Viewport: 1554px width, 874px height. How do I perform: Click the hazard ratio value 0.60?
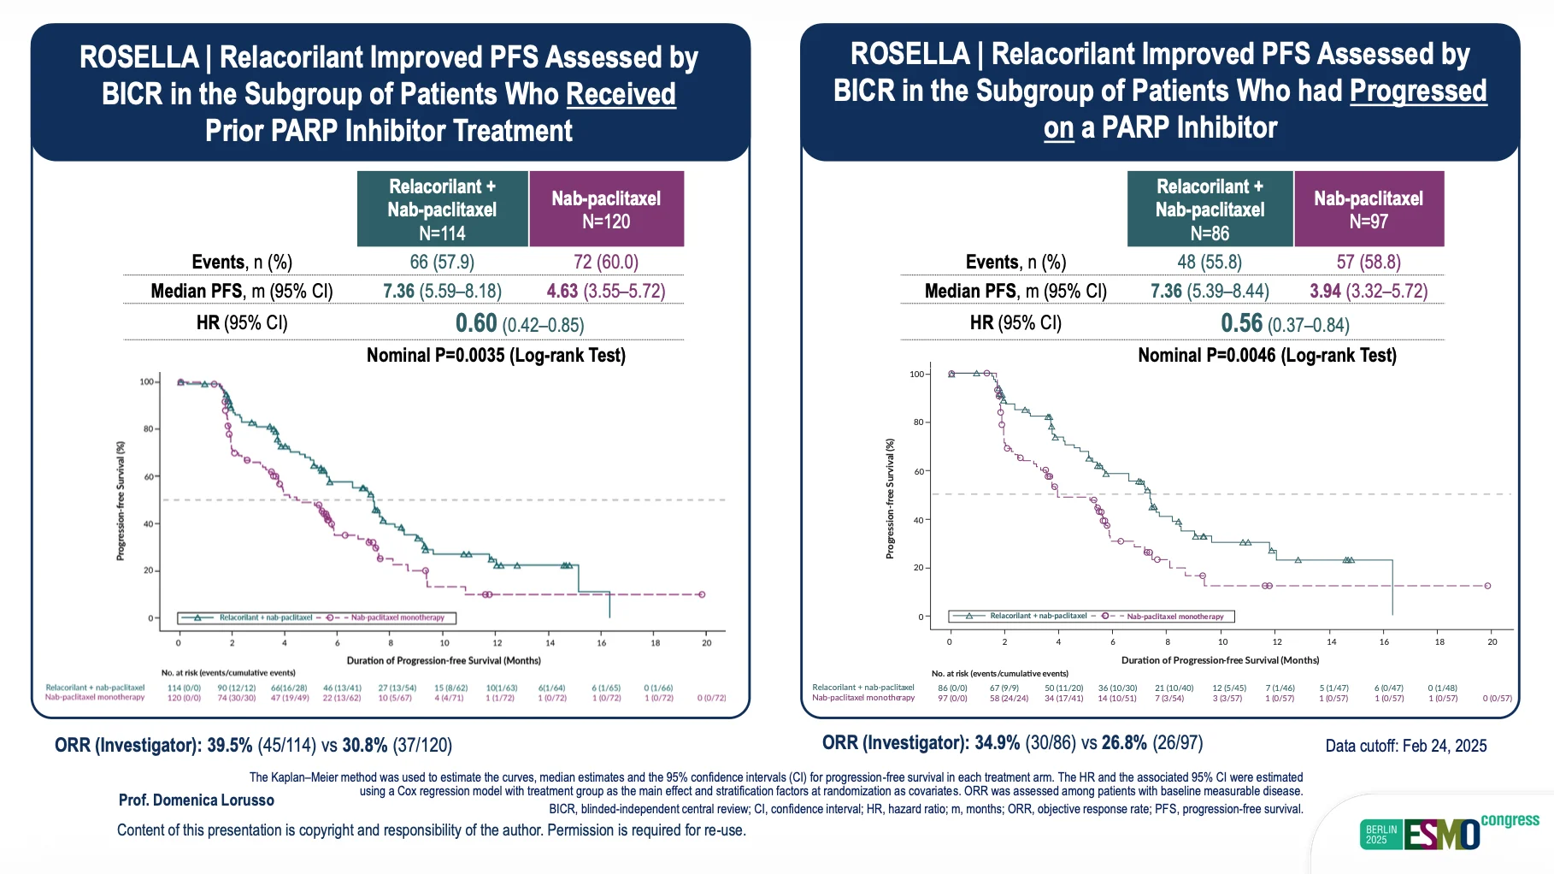(476, 323)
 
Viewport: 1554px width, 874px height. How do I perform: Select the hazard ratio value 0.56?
(1241, 323)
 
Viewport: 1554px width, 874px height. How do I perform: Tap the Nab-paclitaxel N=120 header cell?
(606, 210)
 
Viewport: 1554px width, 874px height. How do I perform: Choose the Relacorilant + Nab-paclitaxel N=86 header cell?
(1210, 210)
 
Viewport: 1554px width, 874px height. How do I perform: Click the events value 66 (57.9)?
(442, 262)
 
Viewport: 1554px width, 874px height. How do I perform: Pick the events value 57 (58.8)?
(1368, 262)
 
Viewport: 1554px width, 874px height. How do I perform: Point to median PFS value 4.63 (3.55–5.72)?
(605, 291)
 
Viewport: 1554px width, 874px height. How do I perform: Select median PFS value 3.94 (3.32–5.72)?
(1368, 291)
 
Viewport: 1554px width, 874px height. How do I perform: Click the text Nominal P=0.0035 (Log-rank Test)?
(496, 355)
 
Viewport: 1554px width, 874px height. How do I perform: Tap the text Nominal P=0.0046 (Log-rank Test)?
(1267, 355)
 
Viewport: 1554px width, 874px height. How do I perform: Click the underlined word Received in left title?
(621, 94)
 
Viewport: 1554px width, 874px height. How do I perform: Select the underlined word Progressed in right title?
(1418, 91)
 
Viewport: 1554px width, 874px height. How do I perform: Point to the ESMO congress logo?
(1449, 833)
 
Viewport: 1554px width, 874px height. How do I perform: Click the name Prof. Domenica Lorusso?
(196, 800)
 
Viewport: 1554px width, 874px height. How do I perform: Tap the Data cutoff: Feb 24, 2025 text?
(1405, 746)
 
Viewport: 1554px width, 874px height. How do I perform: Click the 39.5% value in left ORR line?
(229, 745)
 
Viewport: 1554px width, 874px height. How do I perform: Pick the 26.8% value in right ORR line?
(1123, 742)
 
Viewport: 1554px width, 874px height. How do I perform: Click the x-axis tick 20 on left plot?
(706, 642)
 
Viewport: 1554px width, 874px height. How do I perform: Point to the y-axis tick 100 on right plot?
(916, 374)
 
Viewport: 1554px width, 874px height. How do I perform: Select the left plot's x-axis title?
(443, 660)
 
